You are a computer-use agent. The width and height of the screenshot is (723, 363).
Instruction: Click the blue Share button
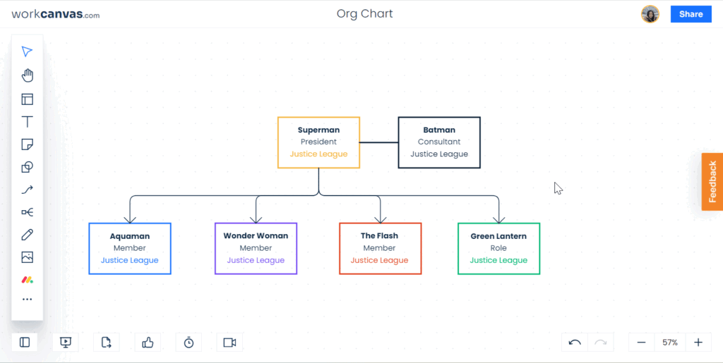[x=691, y=14]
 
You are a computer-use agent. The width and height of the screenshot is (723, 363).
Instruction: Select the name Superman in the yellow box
[x=318, y=130]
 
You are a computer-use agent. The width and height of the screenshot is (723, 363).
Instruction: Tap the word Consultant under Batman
[x=439, y=142]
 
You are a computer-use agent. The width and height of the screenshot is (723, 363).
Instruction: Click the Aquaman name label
[x=130, y=237]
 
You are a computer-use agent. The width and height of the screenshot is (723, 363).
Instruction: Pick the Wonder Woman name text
[x=256, y=236]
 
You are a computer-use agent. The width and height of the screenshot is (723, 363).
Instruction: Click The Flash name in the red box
[x=379, y=236]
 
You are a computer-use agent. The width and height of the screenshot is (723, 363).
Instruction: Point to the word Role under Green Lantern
[x=498, y=248]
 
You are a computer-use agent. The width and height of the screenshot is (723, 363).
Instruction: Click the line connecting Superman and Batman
[x=378, y=142]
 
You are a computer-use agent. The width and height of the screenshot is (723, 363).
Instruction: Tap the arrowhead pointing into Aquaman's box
[x=130, y=219]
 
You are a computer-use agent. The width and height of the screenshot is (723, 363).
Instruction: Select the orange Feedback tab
[x=712, y=182]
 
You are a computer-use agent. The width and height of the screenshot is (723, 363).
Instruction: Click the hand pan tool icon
[x=28, y=75]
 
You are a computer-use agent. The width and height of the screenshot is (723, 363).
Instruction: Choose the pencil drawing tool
[x=28, y=235]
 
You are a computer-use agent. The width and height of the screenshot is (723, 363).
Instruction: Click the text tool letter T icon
[x=28, y=122]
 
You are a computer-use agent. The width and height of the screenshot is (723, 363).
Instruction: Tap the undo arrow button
[x=575, y=343]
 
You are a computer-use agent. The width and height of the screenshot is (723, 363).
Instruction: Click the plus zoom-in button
[x=698, y=343]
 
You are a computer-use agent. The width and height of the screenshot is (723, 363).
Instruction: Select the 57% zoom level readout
[x=670, y=343]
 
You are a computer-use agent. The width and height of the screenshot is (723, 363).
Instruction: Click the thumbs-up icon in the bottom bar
[x=148, y=343]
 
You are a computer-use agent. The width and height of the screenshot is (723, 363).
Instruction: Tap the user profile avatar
[x=650, y=14]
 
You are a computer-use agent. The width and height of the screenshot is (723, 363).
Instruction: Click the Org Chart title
[x=365, y=14]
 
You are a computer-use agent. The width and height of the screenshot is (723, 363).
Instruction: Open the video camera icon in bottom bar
[x=229, y=343]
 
